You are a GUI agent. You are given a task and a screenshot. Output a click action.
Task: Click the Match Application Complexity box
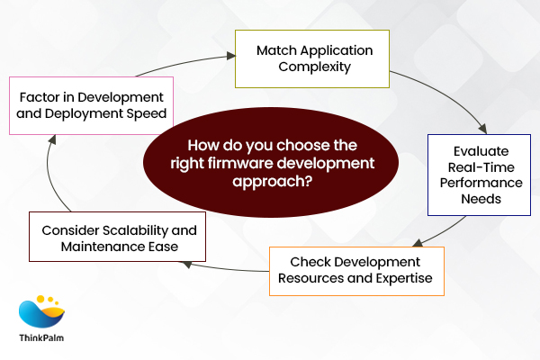pos(311,58)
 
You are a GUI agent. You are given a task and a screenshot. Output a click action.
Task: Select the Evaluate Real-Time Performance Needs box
pos(477,174)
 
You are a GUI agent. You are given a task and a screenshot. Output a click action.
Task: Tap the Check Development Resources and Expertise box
pos(357,271)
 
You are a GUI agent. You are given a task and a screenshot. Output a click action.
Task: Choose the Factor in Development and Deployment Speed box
pos(91,105)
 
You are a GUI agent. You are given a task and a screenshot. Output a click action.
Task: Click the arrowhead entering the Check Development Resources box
pos(417,241)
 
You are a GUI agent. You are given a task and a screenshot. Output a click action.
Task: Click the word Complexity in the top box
pos(311,67)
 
